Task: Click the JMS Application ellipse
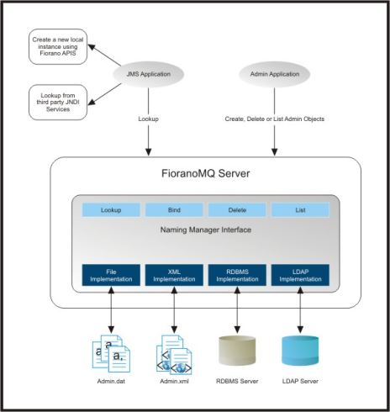pos(148,74)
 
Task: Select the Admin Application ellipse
pos(275,74)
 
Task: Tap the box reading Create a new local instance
pos(58,46)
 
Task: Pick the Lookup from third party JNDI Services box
pos(58,103)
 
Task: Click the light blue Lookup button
pos(111,210)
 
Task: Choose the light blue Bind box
pos(174,210)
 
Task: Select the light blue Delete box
pos(237,210)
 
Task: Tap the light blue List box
pos(300,210)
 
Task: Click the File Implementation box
pos(111,275)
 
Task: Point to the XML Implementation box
pos(174,275)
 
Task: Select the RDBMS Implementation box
pos(237,275)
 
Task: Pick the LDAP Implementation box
pos(300,275)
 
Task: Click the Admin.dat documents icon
pos(111,354)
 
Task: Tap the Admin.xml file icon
pos(174,355)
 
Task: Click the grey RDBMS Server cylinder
pos(237,351)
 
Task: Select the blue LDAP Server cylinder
pos(300,351)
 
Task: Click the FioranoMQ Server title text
pos(206,173)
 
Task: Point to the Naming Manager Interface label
pos(206,230)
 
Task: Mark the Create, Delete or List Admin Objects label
pos(275,119)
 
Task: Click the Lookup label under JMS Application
pos(148,119)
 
